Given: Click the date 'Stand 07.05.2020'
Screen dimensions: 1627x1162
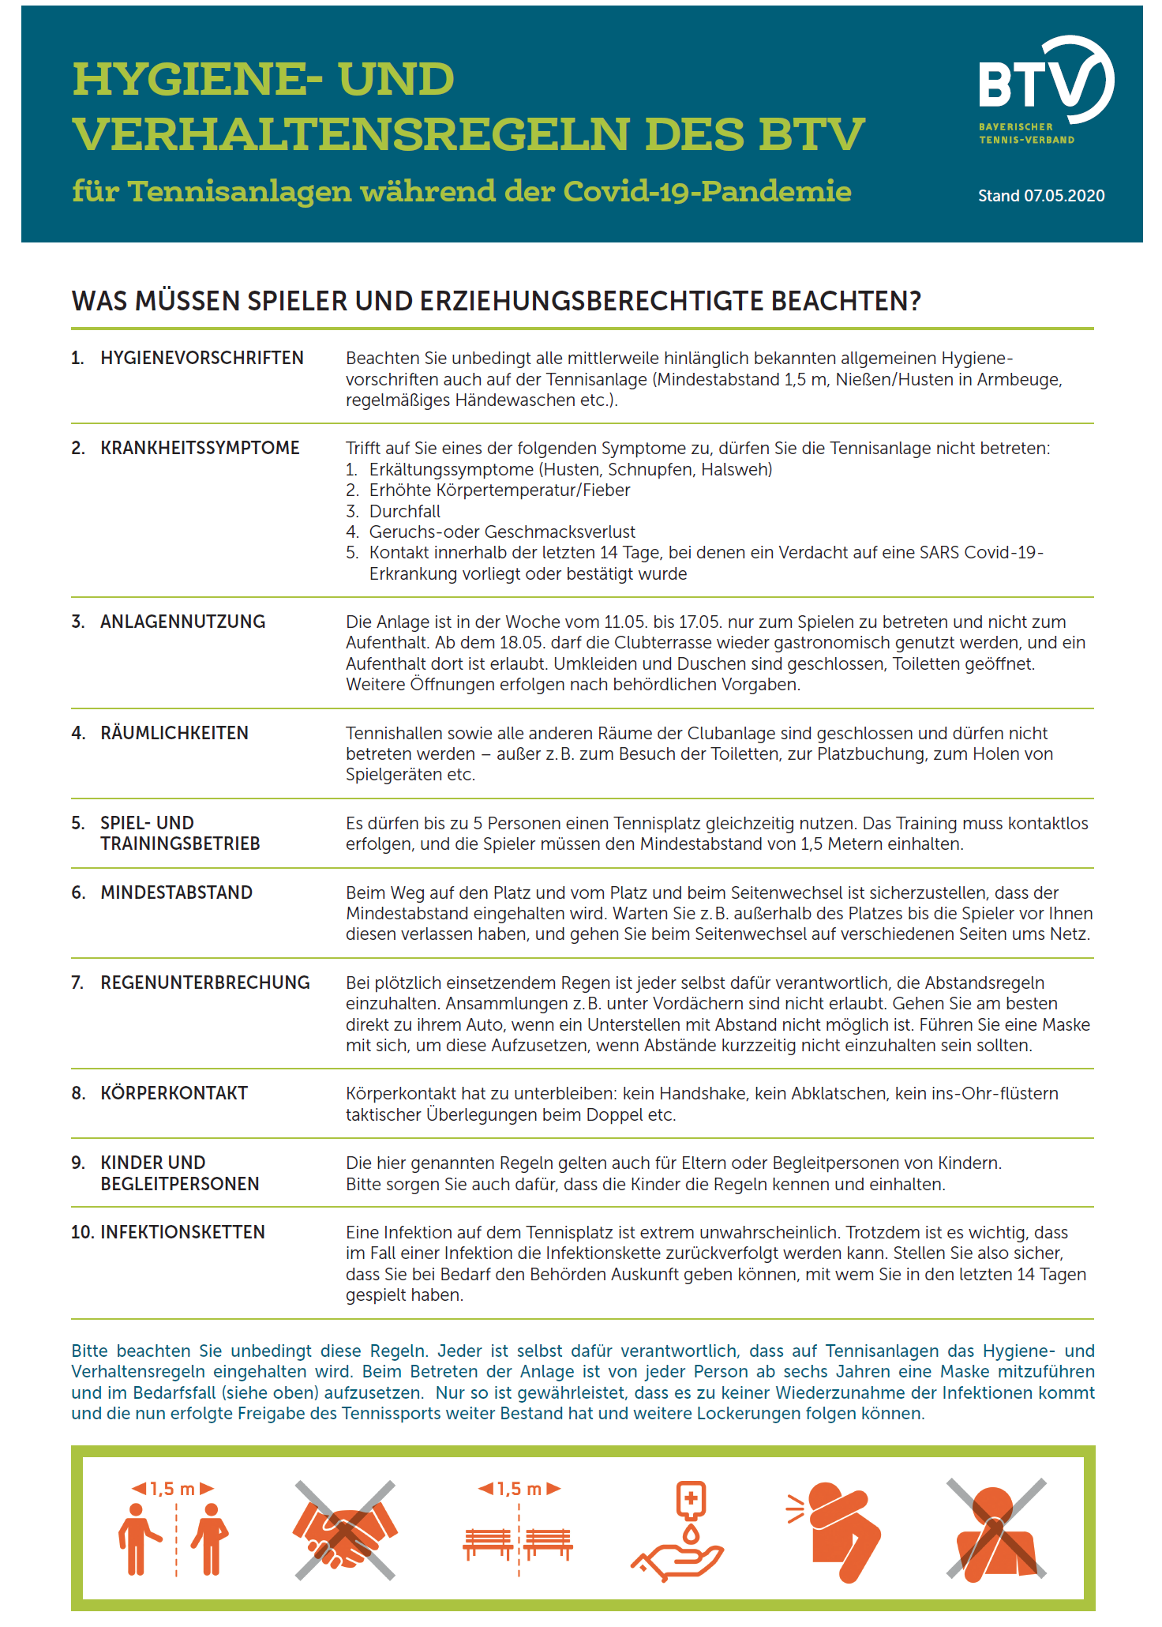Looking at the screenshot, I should (x=1040, y=196).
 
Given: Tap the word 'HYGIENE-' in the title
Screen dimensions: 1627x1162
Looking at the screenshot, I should (x=197, y=79).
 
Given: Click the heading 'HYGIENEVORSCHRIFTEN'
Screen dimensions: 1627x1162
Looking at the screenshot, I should (x=201, y=358).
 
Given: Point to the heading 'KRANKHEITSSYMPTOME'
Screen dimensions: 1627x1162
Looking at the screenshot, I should (x=200, y=448).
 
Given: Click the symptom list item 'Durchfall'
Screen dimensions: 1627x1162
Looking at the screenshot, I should (x=404, y=511).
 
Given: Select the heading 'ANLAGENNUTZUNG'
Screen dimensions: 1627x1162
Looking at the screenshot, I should (x=182, y=622).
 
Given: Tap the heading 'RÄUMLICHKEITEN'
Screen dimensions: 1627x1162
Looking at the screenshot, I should (x=174, y=733).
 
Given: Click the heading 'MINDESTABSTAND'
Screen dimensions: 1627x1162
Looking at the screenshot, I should (x=176, y=892).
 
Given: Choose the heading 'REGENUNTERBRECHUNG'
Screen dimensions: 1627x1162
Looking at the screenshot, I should (x=205, y=983).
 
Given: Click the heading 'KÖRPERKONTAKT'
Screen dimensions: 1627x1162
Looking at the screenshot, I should (x=174, y=1093).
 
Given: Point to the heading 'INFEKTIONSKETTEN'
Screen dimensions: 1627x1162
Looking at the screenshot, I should (x=182, y=1232).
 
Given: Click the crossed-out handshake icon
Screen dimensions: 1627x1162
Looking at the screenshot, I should (x=345, y=1531).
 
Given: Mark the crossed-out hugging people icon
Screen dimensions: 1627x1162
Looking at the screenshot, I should (x=996, y=1531).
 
